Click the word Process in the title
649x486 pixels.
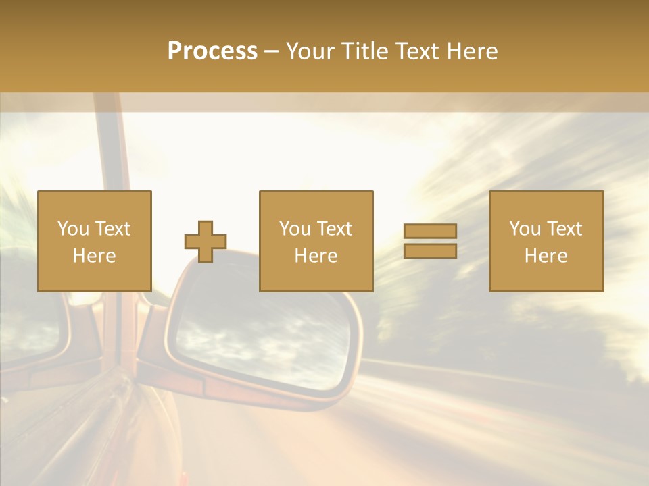pyautogui.click(x=212, y=51)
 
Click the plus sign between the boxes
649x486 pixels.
pyautogui.click(x=206, y=241)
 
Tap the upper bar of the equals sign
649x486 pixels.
pyautogui.click(x=430, y=231)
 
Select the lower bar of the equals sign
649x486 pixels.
pyautogui.click(x=430, y=250)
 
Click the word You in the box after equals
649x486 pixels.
pyautogui.click(x=525, y=229)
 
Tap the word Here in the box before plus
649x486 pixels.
pyautogui.click(x=94, y=256)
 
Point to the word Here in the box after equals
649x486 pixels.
pyautogui.click(x=546, y=256)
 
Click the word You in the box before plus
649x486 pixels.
pyautogui.click(x=73, y=229)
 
